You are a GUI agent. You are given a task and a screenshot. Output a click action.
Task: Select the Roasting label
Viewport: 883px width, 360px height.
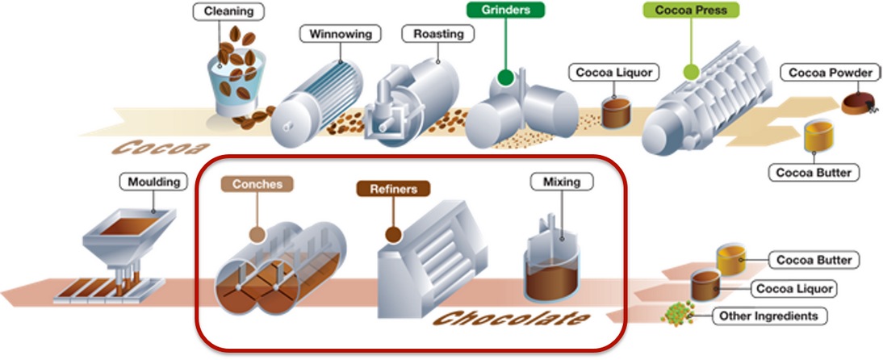click(437, 34)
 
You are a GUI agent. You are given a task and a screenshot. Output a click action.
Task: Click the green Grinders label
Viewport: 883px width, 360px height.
click(505, 10)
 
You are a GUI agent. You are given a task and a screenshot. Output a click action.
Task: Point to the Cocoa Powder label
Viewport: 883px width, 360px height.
click(830, 73)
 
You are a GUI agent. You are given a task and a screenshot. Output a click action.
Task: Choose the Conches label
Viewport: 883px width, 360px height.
click(257, 184)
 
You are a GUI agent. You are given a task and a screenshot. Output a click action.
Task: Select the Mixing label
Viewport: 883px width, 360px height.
click(561, 182)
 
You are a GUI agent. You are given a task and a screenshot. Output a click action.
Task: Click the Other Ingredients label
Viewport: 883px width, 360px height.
click(767, 316)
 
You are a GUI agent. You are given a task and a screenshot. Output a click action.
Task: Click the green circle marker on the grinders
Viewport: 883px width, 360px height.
click(505, 78)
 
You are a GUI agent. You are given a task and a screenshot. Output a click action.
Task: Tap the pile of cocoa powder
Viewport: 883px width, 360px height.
click(857, 103)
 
